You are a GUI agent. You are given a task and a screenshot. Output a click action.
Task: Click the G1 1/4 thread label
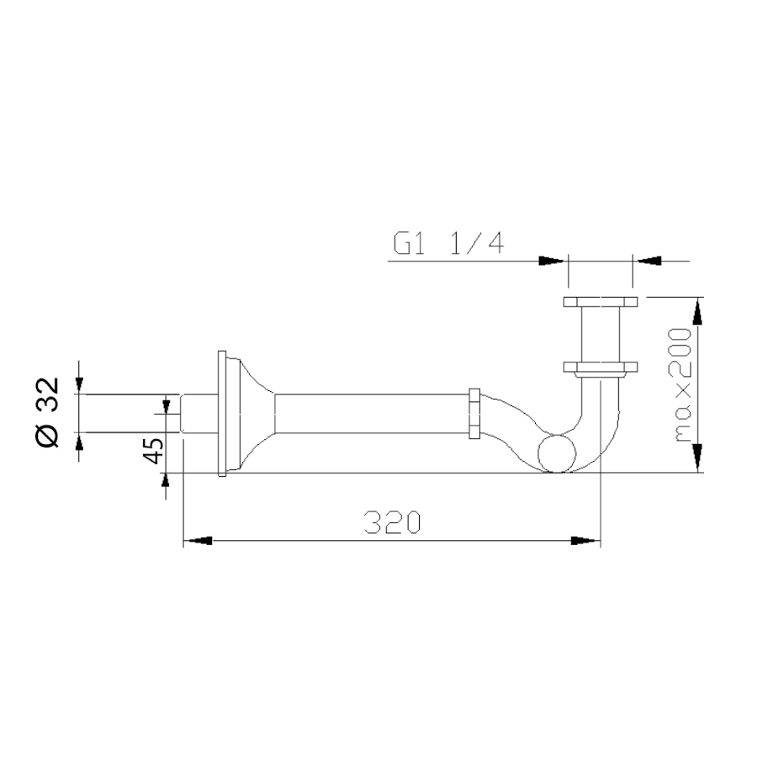[449, 244]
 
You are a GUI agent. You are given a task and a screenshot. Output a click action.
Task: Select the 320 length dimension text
[393, 522]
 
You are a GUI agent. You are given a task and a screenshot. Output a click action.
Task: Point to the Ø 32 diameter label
[48, 413]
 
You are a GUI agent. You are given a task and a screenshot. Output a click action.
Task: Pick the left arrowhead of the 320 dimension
[198, 541]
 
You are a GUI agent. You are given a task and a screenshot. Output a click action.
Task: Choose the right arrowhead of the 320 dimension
[585, 541]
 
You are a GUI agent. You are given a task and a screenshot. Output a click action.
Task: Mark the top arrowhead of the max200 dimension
[697, 312]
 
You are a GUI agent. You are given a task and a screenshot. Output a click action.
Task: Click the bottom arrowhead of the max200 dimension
[697, 458]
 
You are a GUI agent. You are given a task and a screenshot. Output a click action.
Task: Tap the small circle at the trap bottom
[557, 453]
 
